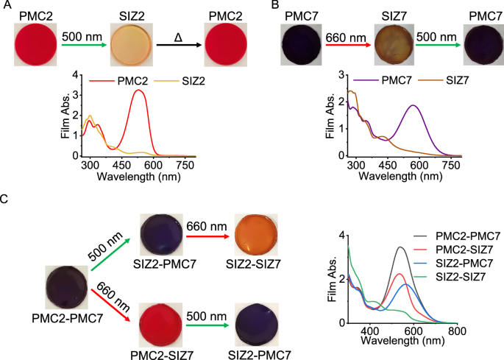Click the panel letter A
point(6,6)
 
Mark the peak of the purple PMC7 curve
point(414,105)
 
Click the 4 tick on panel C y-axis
point(341,235)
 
